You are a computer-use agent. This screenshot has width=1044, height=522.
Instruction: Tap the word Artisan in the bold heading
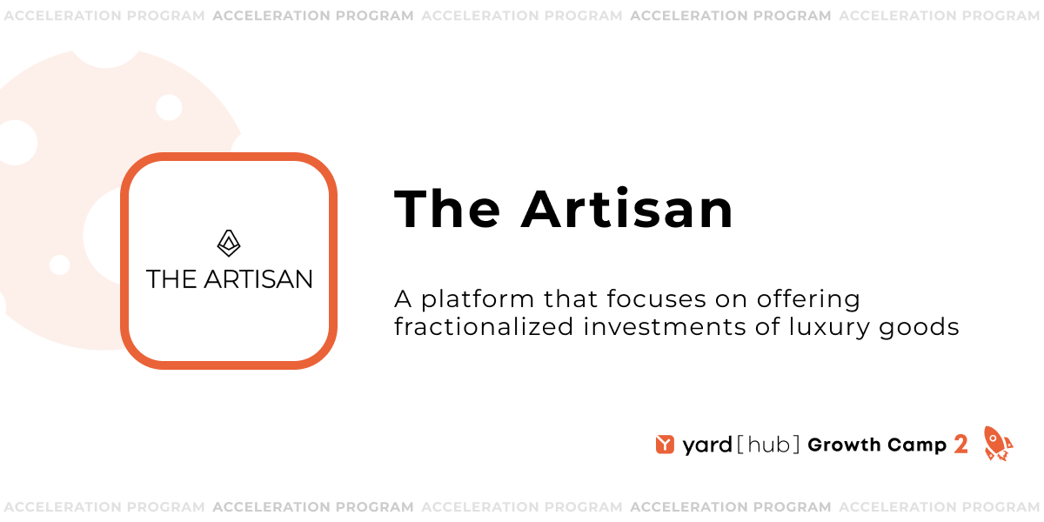click(x=627, y=210)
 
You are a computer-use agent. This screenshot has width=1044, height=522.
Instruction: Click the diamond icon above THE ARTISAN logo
click(x=229, y=244)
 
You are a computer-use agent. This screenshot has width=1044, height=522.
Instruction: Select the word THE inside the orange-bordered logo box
click(x=171, y=279)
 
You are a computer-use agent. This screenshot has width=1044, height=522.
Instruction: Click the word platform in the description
click(x=477, y=300)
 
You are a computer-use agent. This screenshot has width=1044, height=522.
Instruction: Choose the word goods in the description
click(x=924, y=328)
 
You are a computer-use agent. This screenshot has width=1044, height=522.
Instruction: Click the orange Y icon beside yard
click(x=666, y=445)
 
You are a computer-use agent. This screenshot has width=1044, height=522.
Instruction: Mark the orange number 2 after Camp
click(x=960, y=445)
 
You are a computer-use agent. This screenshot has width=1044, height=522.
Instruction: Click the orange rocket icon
click(x=997, y=443)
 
